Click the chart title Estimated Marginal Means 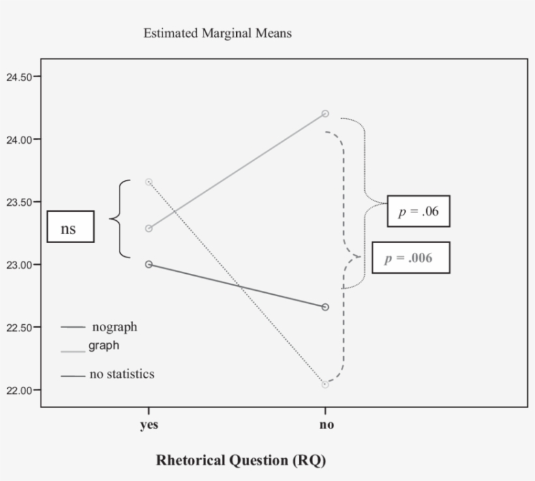tap(217, 34)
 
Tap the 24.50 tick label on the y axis tap(19, 77)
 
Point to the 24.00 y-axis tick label tap(19, 139)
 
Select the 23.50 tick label tap(19, 202)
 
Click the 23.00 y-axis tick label tap(19, 265)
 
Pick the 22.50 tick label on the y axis tap(19, 327)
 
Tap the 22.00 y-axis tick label tap(19, 390)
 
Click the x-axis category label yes tap(149, 425)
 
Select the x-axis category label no tap(327, 425)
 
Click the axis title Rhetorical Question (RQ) tap(241, 460)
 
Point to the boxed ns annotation tap(70, 226)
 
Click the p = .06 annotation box tap(418, 211)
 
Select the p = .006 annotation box tap(410, 258)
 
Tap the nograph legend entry tap(114, 327)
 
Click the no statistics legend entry tap(121, 374)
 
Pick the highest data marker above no tap(326, 114)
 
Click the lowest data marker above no tap(325, 384)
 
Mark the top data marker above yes tap(149, 182)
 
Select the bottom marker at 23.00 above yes tap(149, 265)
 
